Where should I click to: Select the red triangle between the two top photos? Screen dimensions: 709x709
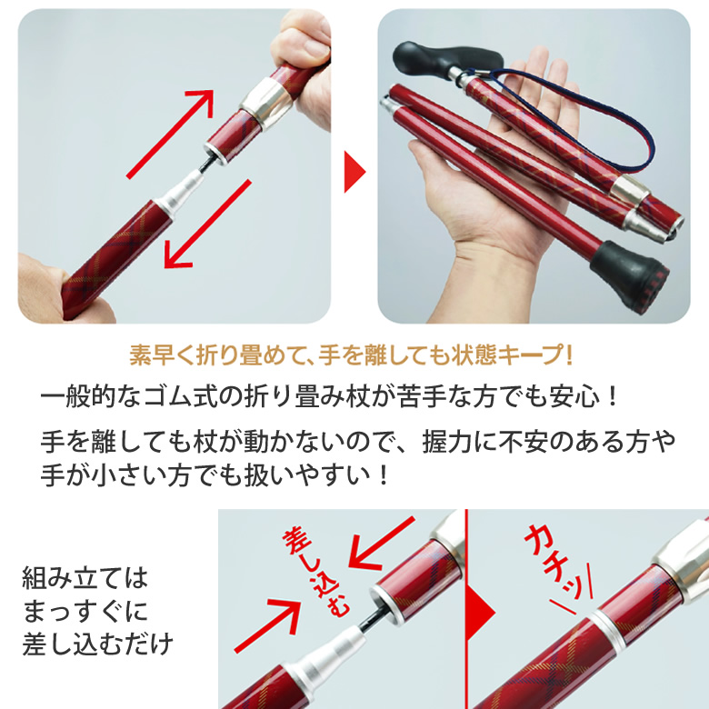pos(354,172)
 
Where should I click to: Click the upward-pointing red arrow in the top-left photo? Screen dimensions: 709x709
pos(171,134)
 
